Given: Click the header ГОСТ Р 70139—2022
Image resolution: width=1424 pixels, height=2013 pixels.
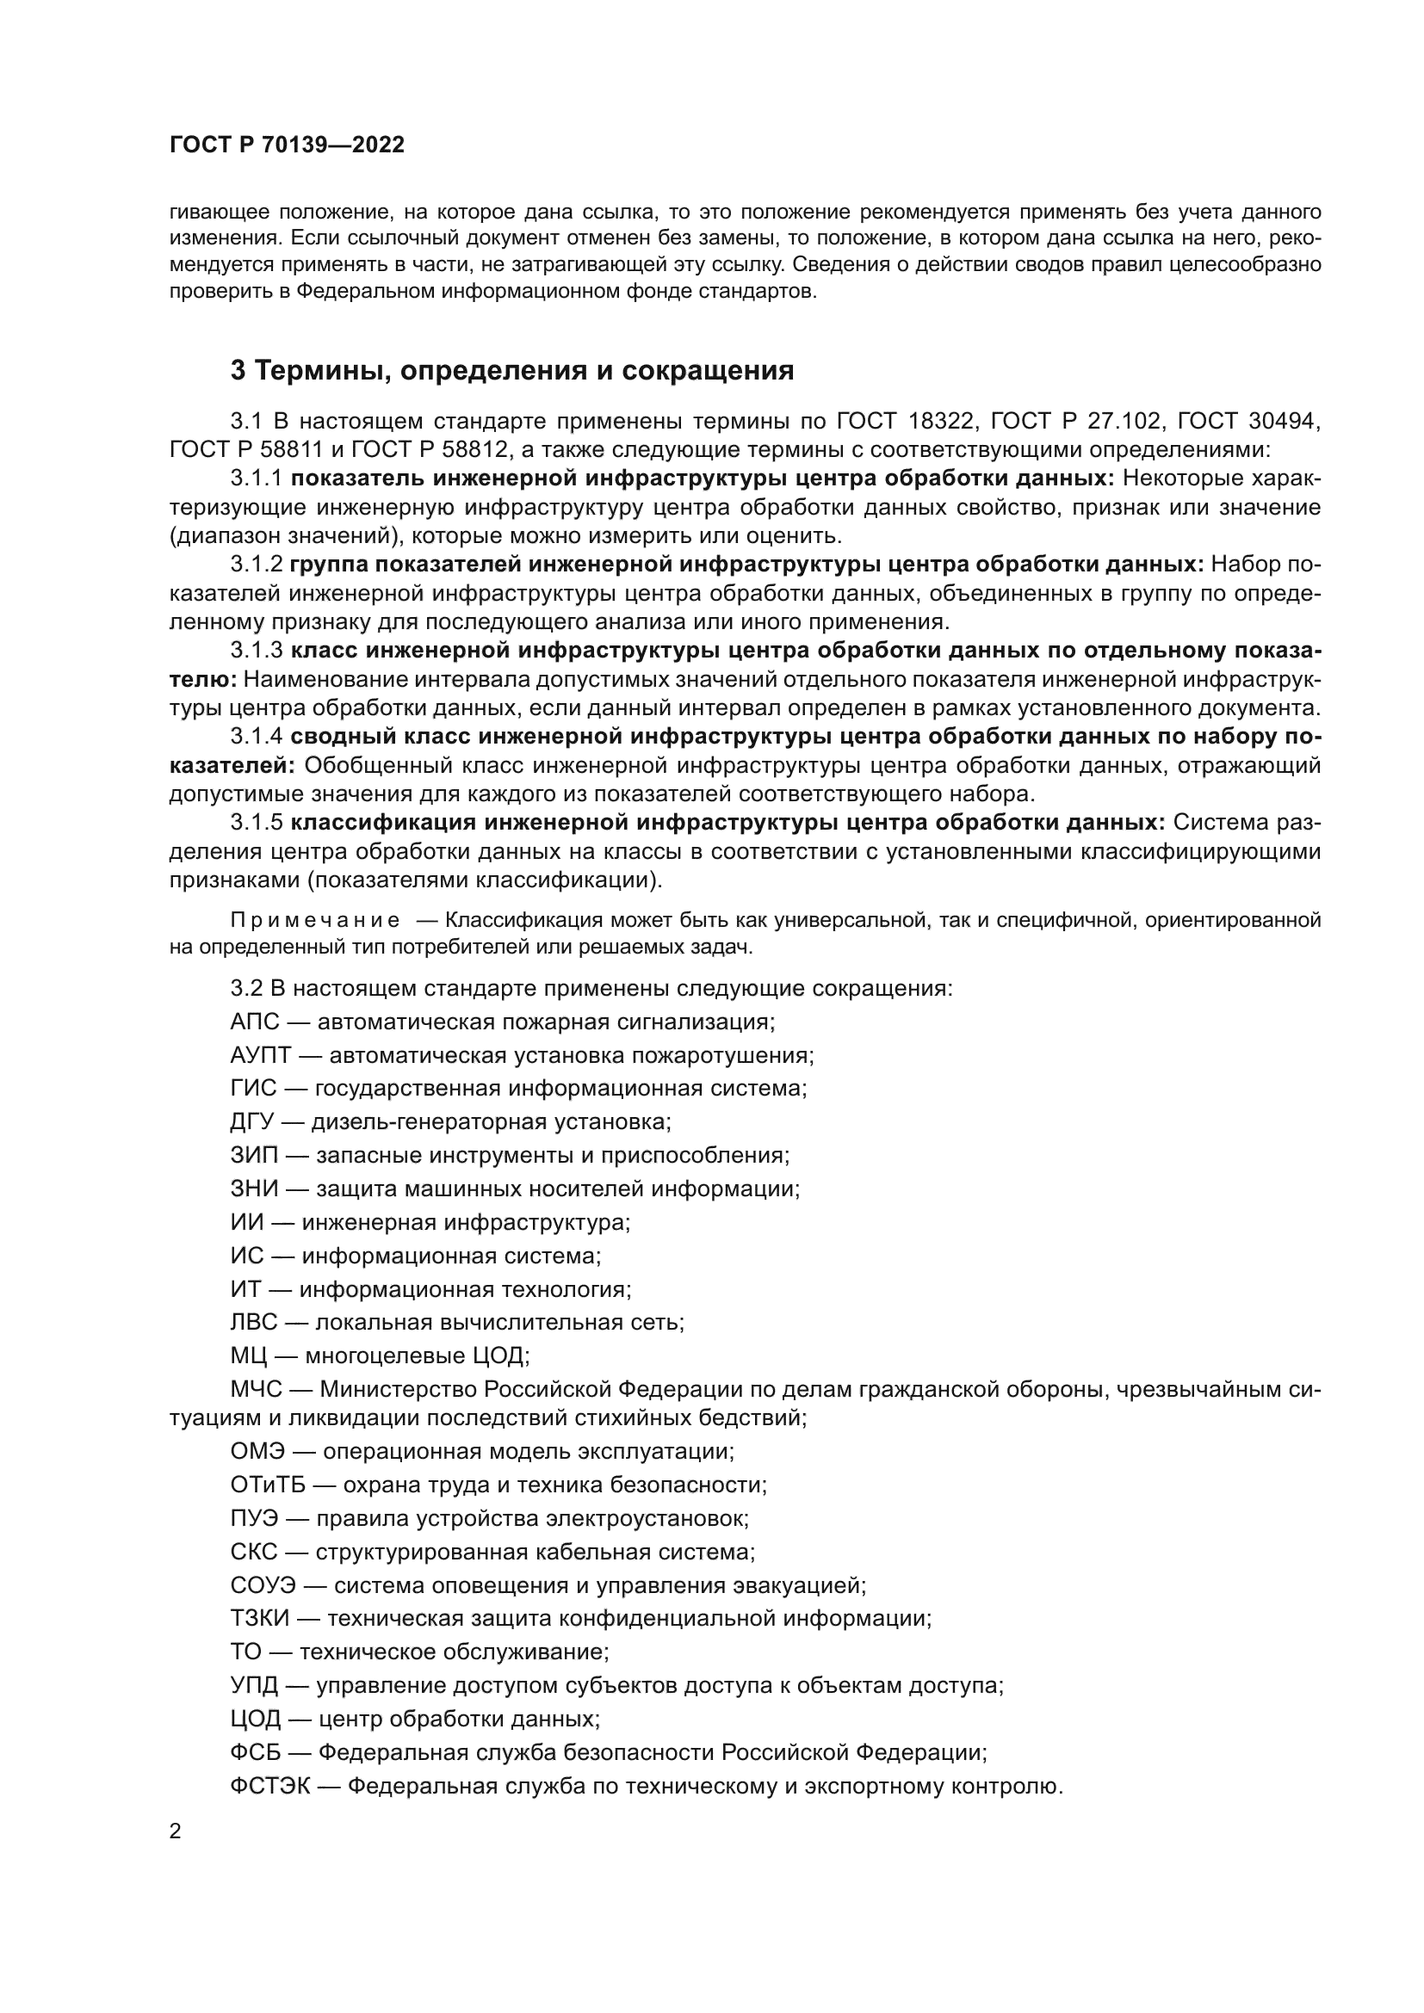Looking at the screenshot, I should [x=287, y=145].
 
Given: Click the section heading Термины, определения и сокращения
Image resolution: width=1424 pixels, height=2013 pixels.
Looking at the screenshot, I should [x=512, y=370].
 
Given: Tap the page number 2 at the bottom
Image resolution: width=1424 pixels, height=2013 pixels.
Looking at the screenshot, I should [x=176, y=1831].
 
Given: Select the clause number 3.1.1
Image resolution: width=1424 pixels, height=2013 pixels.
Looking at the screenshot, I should [x=256, y=478].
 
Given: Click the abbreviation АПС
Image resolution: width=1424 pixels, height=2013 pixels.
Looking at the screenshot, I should [x=254, y=1022].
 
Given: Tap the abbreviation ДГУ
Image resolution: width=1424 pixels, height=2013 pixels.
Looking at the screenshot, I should [x=252, y=1121].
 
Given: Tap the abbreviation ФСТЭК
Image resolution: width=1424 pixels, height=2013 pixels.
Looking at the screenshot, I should [x=270, y=1786].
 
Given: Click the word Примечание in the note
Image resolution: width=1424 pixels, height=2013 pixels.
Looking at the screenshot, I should [x=316, y=920].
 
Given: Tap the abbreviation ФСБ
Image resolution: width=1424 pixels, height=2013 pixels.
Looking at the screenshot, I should [x=255, y=1752].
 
